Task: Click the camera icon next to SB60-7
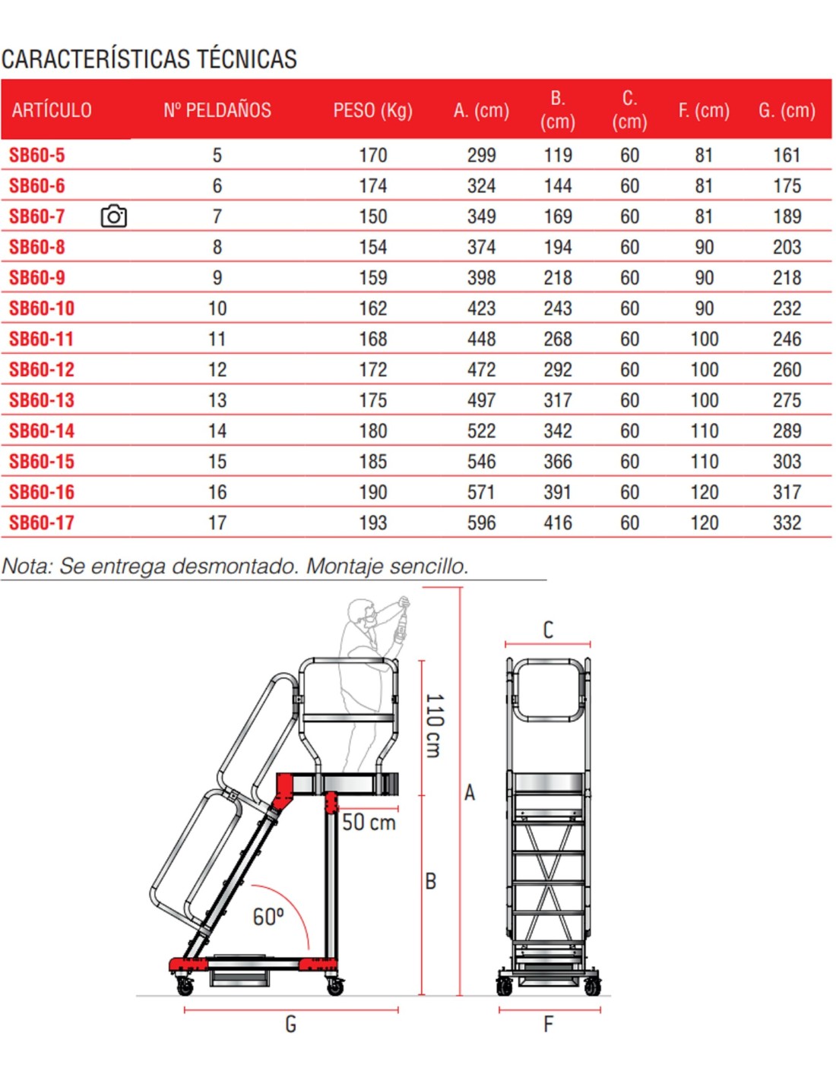[113, 216]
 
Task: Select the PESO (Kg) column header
[372, 110]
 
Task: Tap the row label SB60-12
[42, 370]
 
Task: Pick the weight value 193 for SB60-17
[373, 523]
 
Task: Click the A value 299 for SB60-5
[481, 156]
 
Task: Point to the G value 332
[787, 523]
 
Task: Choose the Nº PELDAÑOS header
[217, 110]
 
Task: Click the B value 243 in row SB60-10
[558, 309]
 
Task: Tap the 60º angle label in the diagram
[268, 917]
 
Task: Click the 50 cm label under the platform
[369, 822]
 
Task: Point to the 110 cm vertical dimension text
[434, 725]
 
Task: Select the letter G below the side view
[290, 1024]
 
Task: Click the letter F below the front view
[548, 1024]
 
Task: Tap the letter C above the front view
[548, 630]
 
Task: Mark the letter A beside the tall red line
[470, 792]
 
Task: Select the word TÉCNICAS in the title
[247, 59]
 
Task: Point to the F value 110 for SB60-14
[704, 431]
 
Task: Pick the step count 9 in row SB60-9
[217, 278]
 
